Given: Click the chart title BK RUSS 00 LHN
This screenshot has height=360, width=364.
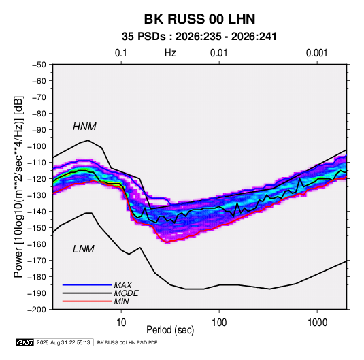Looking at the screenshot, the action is coord(199,19).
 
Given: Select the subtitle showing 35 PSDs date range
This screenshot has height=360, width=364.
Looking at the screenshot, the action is coord(199,37).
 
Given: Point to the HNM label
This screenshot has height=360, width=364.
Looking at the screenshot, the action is coord(84,127).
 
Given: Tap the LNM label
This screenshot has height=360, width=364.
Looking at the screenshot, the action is coord(84,249).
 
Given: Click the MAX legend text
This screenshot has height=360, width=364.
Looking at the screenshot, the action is coord(123,285).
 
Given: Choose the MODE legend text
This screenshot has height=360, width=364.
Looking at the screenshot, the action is coord(127,293).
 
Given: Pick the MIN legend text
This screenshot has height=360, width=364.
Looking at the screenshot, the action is coord(121,301).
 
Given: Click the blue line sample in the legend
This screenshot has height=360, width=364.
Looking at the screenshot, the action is coord(87,285).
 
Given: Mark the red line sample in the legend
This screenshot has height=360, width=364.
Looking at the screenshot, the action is coord(87,301).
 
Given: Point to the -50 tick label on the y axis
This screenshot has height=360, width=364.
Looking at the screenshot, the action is coord(39,65).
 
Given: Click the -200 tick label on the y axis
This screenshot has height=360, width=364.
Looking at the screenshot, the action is coord(37,310).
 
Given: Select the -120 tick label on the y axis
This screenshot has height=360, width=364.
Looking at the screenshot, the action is coord(37,179).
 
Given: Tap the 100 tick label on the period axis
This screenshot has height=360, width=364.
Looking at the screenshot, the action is coord(219,323).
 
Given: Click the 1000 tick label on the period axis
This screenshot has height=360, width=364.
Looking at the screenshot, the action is coord(317,323).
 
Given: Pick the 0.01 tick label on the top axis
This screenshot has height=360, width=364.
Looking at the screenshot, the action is coord(218,53).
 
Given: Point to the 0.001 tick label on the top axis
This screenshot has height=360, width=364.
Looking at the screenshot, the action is coord(316,53).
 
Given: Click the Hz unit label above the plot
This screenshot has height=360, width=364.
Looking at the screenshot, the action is coord(170,53).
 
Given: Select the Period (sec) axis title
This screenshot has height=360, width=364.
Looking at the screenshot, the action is coord(170,330).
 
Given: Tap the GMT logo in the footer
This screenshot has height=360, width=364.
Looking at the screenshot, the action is coord(25,342).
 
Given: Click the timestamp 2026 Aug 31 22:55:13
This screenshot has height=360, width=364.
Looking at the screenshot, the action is coord(63,342).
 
